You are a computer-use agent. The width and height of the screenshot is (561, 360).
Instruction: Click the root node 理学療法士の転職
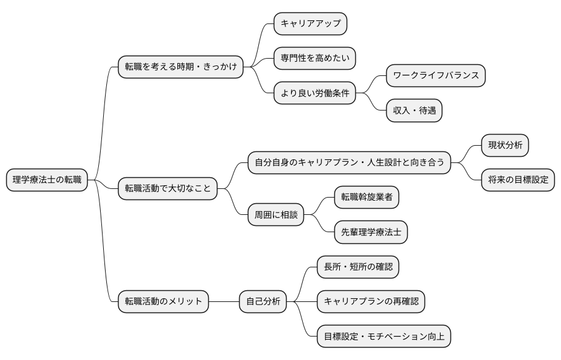(47, 180)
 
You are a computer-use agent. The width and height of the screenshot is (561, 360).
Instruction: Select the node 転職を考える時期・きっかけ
(180, 66)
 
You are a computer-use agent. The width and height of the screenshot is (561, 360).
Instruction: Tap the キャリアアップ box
(310, 23)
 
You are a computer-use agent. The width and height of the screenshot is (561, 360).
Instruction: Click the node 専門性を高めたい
(314, 58)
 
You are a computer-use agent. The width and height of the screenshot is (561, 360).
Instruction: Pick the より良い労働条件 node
(314, 93)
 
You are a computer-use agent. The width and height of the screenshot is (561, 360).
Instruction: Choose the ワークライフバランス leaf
(436, 75)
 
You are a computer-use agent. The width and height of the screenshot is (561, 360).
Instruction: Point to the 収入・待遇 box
(414, 111)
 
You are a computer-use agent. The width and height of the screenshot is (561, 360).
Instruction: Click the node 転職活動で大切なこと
(167, 188)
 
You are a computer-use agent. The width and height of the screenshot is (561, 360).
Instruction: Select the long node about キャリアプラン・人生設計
(349, 163)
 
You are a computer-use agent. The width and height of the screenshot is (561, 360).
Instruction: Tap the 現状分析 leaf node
(505, 146)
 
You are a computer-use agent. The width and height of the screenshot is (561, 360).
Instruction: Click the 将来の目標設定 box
(518, 180)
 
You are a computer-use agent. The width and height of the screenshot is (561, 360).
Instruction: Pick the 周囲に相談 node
(276, 215)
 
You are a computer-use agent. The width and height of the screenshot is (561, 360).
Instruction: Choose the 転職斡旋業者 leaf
(366, 198)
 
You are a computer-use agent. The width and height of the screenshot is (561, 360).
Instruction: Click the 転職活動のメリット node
(163, 301)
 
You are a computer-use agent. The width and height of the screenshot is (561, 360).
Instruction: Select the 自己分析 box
(263, 301)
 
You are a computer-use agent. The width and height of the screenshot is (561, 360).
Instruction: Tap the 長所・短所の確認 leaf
(358, 267)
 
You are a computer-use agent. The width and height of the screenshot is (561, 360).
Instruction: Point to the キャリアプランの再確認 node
(371, 301)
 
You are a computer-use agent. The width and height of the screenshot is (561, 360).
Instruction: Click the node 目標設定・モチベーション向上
(384, 337)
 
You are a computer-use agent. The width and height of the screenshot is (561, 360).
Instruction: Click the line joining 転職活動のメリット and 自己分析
(224, 301)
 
